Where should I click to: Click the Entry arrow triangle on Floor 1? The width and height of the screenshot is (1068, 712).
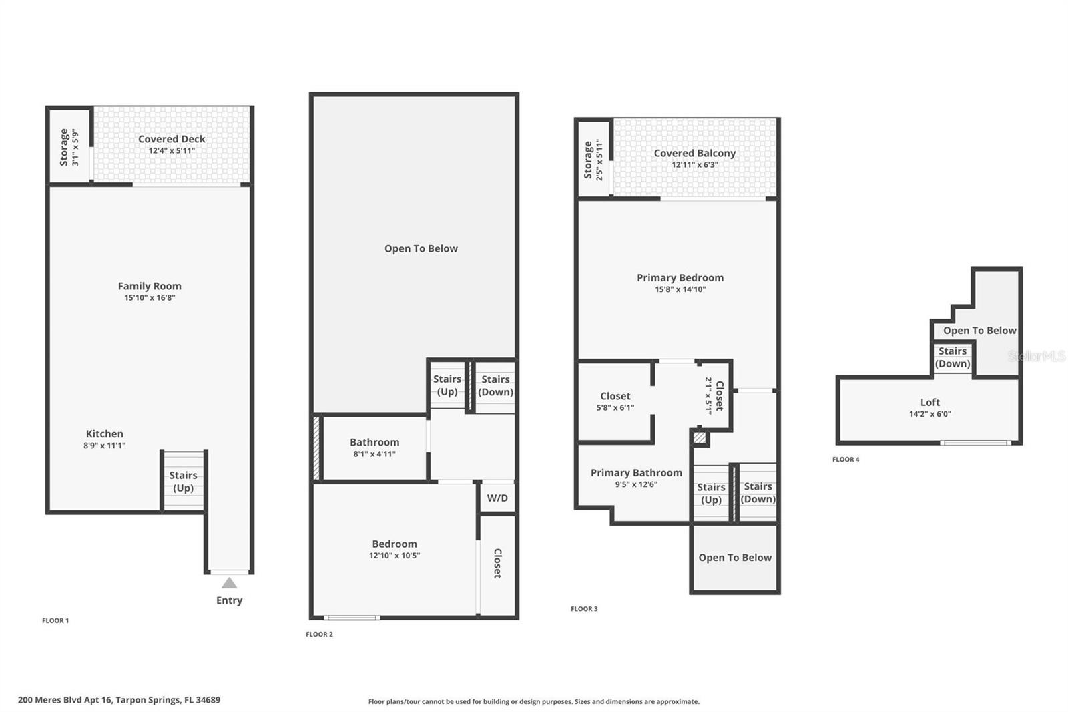pyautogui.click(x=229, y=583)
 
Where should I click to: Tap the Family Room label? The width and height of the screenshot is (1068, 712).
pyautogui.click(x=150, y=286)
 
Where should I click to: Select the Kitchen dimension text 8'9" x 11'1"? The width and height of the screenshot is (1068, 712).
pyautogui.click(x=105, y=446)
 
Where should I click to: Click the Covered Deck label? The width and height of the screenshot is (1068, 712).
pyautogui.click(x=172, y=139)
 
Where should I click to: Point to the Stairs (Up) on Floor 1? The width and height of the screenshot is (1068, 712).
pyautogui.click(x=184, y=481)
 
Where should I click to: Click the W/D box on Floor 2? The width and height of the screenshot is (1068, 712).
pyautogui.click(x=497, y=498)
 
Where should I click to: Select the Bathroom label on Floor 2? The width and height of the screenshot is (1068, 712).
pyautogui.click(x=374, y=442)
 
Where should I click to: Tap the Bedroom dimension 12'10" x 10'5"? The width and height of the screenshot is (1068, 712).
pyautogui.click(x=394, y=556)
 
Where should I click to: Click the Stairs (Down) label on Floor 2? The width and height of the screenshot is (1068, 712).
pyautogui.click(x=495, y=385)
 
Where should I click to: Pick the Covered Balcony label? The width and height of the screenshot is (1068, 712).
pyautogui.click(x=694, y=153)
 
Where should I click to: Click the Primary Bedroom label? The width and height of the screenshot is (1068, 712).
pyautogui.click(x=680, y=277)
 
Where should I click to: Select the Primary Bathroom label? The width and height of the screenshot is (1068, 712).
pyautogui.click(x=636, y=472)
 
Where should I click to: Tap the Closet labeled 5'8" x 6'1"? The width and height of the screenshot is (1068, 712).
pyautogui.click(x=615, y=401)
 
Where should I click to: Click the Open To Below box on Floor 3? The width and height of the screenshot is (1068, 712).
pyautogui.click(x=735, y=558)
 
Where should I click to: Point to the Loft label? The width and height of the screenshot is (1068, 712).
pyautogui.click(x=930, y=402)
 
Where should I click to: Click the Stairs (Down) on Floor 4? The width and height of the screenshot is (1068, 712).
pyautogui.click(x=953, y=357)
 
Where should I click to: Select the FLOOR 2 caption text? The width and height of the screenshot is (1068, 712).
pyautogui.click(x=319, y=634)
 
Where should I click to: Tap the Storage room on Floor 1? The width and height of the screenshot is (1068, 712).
pyautogui.click(x=69, y=146)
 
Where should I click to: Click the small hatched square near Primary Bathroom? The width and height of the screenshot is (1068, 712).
pyautogui.click(x=699, y=438)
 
